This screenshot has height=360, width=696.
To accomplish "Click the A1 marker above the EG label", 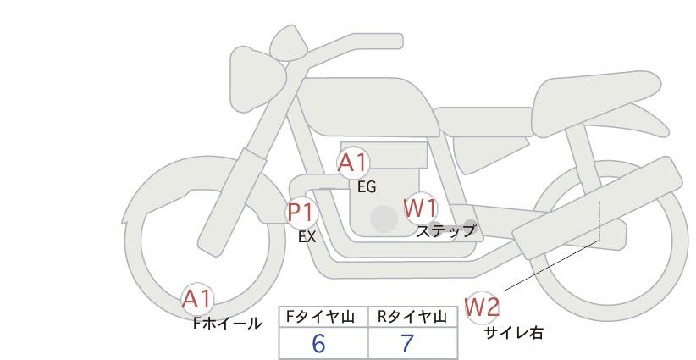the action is pos(353,163).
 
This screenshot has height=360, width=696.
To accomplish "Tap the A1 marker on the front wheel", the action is pos(197,299).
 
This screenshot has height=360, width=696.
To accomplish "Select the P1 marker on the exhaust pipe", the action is pos(301,213).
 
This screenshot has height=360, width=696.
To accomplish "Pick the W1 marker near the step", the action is pos(420,208).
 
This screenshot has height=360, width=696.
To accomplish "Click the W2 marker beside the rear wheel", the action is pos(482,307).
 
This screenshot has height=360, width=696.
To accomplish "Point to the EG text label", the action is pos(367,187).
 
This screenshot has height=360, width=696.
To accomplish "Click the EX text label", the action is pos(307,237).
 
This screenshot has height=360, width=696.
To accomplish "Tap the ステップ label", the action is pos(446,231).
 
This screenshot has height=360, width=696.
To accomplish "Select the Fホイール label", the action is pos(227,324).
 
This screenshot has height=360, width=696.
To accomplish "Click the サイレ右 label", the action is pos(514,333).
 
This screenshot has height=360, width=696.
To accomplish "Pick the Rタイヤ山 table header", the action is pos(412,317).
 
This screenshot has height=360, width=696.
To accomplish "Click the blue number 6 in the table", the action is pos(318,344).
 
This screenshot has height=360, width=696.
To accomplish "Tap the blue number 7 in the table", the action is pos(407,344).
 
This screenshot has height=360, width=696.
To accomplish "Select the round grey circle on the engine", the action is pos(384,219).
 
